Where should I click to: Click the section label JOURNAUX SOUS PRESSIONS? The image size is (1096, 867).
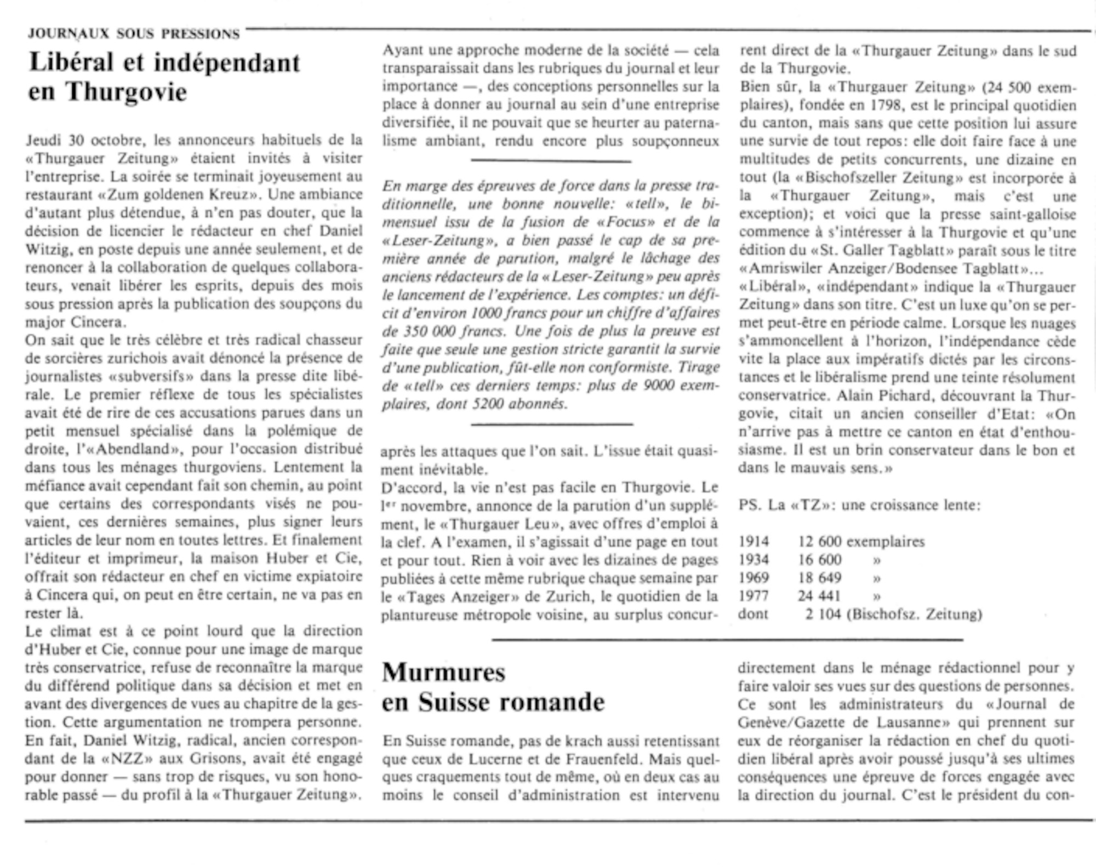tap(134, 34)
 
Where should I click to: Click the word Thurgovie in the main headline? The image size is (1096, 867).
tap(127, 91)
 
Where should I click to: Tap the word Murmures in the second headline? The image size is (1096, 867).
tap(443, 672)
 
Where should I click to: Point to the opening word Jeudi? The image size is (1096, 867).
tap(43, 140)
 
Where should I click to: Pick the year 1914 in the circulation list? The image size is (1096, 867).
tap(754, 542)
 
